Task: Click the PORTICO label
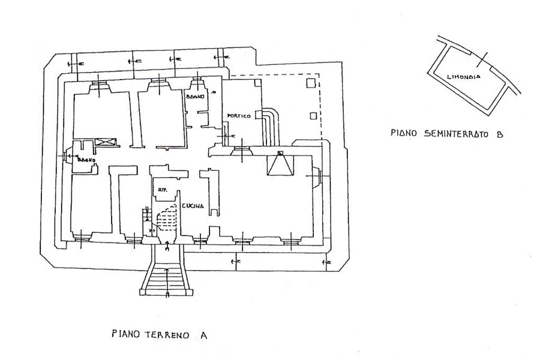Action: [x=238, y=116]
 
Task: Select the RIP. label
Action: [x=161, y=190]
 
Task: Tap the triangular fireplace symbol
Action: [x=280, y=165]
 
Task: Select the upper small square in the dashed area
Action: [x=311, y=82]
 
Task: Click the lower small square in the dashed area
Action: [x=311, y=115]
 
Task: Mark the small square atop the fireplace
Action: [x=280, y=153]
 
